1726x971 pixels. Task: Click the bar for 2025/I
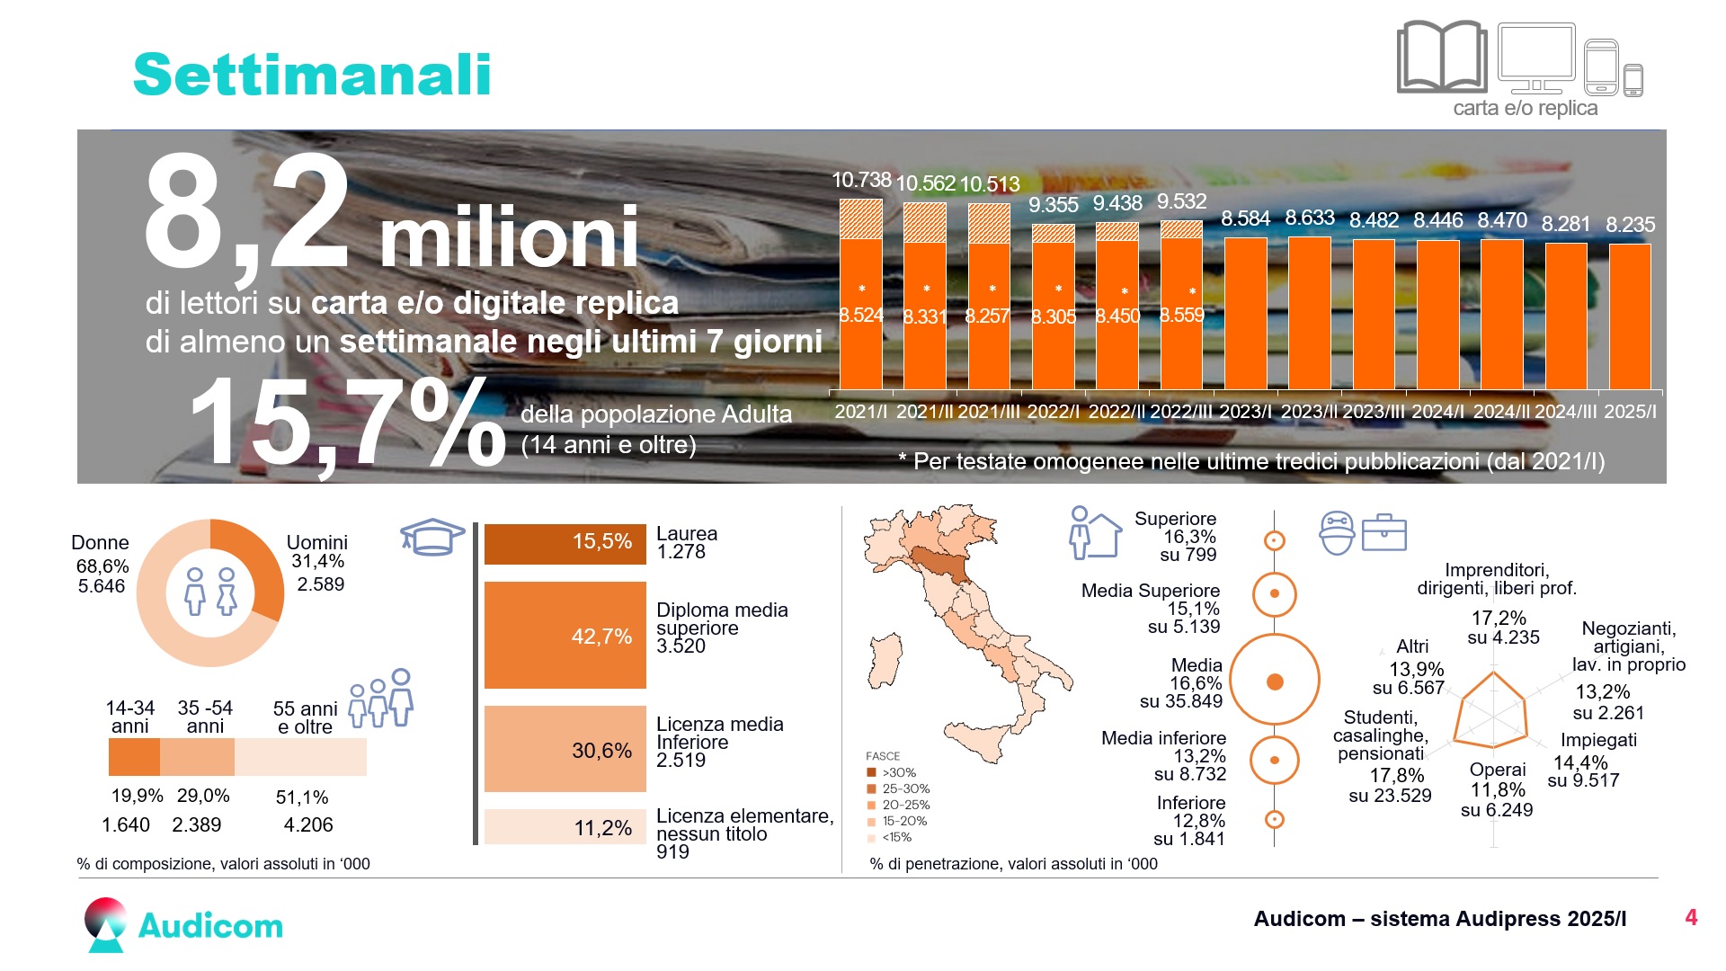tap(1630, 316)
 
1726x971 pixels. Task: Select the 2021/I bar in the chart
tap(861, 294)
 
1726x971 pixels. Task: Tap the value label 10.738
tap(861, 180)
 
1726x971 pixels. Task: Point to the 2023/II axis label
tap(1309, 412)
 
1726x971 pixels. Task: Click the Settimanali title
tap(312, 74)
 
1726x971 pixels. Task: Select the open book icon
tap(1441, 57)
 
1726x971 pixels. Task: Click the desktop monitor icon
tap(1536, 58)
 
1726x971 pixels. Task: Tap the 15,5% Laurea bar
tap(565, 544)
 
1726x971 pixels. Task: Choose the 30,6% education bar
tap(565, 749)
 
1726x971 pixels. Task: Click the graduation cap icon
tap(432, 536)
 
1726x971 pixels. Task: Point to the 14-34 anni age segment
tap(134, 757)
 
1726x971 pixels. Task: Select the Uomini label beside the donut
tap(316, 542)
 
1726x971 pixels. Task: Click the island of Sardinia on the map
tap(885, 660)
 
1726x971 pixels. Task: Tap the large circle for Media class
tap(1274, 681)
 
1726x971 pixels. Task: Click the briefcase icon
tap(1384, 532)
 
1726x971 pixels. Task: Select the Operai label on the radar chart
tap(1498, 770)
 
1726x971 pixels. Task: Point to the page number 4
tap(1691, 917)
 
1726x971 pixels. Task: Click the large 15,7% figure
tap(348, 421)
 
